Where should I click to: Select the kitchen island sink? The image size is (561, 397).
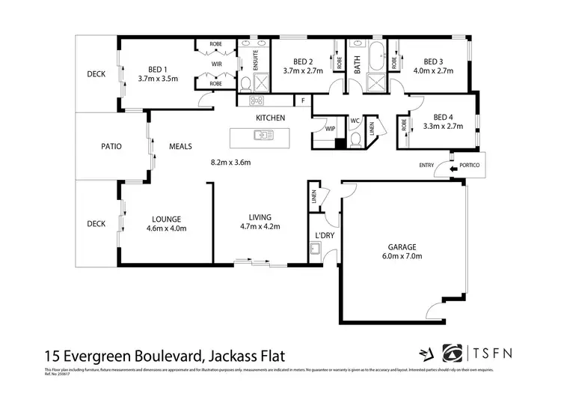coord(263,136)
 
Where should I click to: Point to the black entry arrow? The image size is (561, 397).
coord(454,170)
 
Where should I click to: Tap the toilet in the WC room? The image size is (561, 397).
coord(355,139)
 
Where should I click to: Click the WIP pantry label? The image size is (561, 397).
coord(330,129)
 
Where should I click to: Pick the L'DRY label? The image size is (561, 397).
coord(324,235)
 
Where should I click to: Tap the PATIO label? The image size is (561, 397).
coord(111,146)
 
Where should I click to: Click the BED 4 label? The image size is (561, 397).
coord(444,117)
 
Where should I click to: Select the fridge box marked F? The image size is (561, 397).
coord(303,100)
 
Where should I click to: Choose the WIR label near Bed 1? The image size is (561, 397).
coord(217,64)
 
